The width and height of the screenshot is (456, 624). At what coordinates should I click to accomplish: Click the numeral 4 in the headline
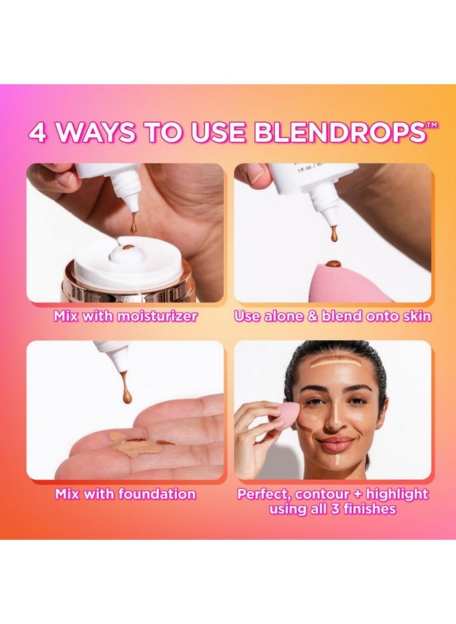point(38,132)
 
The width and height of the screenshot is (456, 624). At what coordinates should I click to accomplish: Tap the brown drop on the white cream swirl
point(128,246)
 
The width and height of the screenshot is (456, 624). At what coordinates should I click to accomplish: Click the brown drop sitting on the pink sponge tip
point(334,264)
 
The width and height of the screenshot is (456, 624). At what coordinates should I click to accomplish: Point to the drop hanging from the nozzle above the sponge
point(334,234)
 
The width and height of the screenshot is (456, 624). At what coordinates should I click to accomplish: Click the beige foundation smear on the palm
point(135,444)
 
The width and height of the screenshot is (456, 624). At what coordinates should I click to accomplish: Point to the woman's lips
point(336,442)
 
